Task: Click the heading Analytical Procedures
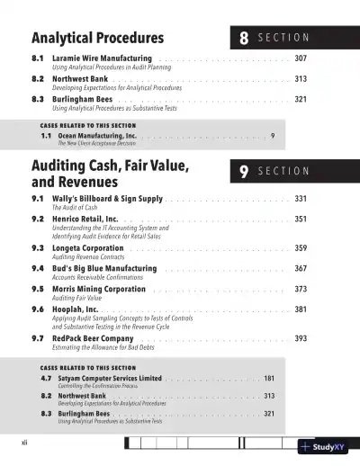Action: point(97,38)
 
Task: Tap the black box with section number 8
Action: point(244,38)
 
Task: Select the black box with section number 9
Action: point(244,171)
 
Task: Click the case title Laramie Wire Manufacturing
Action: point(102,58)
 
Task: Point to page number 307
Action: point(301,58)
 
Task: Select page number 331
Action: point(301,198)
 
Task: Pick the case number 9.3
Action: point(38,247)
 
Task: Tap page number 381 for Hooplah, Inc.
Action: point(301,309)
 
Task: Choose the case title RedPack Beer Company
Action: point(99,338)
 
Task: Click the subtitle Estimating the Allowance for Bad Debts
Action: point(111,347)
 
